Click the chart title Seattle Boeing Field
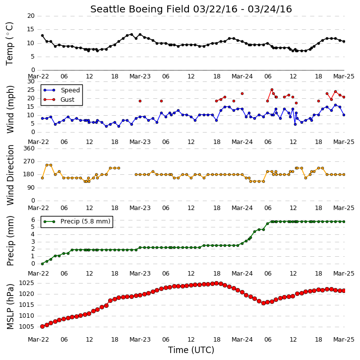tap(140, 9)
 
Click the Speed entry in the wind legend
tap(70, 90)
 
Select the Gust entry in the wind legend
tap(67, 99)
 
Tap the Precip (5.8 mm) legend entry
tap(85, 221)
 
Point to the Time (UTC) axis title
tap(191, 350)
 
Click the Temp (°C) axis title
tap(9, 44)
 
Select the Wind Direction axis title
tap(10, 175)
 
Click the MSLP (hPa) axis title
tap(10, 306)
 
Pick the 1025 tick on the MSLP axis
tap(26, 283)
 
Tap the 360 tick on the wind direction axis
tap(29, 148)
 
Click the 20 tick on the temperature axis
tap(31, 16)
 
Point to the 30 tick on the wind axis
tap(31, 81)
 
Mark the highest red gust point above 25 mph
tap(272, 90)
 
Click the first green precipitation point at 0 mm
tap(42, 264)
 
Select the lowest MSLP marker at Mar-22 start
tap(42, 326)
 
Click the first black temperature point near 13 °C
tap(42, 36)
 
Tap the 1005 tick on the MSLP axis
tap(26, 327)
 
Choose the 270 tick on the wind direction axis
tap(29, 161)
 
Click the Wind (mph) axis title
tap(10, 109)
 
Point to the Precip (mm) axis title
tap(10, 241)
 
